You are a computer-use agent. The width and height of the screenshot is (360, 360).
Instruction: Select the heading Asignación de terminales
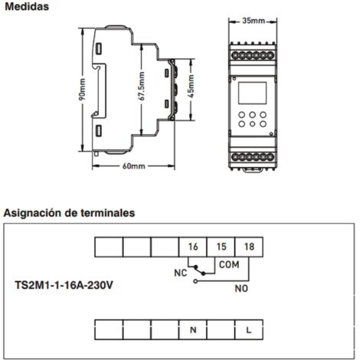click(x=69, y=211)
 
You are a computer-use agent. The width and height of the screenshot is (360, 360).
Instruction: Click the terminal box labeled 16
click(x=192, y=247)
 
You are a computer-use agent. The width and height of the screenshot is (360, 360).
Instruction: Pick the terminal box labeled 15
click(x=221, y=247)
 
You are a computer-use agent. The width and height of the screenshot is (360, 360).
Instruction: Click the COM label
click(x=229, y=264)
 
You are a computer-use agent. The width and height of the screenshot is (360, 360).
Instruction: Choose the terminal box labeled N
click(x=192, y=330)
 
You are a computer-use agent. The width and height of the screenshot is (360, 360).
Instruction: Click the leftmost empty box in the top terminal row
click(x=107, y=247)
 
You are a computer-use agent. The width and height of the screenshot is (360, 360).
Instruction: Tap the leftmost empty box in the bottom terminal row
click(x=107, y=330)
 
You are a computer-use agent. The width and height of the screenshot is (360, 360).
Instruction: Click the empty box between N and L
click(x=221, y=330)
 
